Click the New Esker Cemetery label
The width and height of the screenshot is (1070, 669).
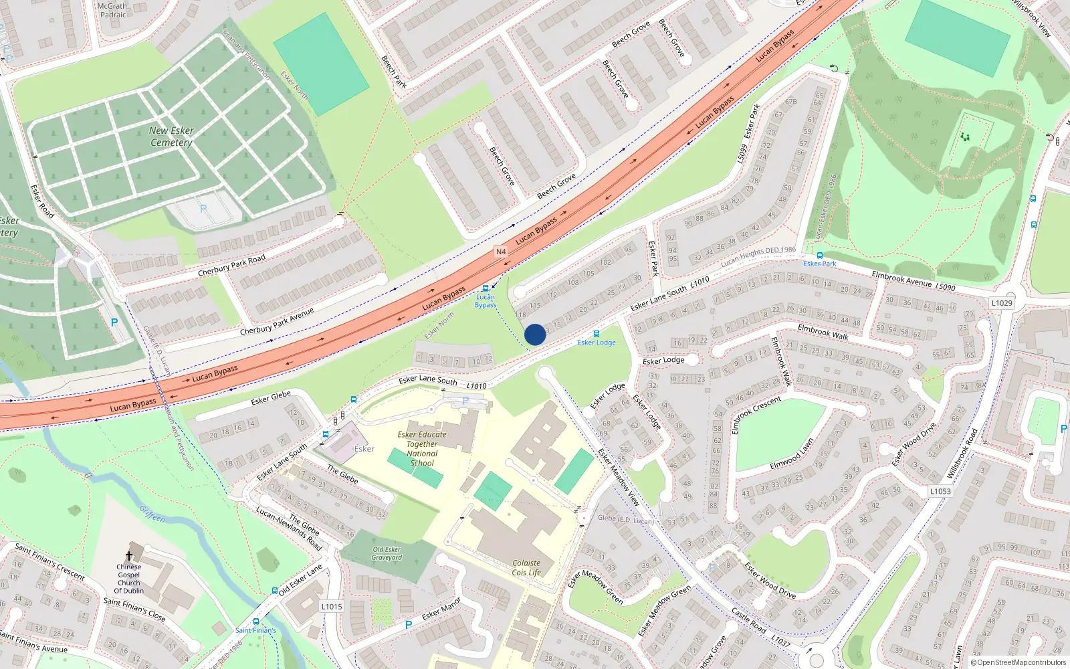[x=171, y=136]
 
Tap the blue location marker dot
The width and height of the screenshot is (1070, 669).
[x=535, y=334]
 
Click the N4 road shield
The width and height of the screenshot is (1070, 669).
[x=501, y=252]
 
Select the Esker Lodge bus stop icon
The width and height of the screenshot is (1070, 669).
[x=597, y=334]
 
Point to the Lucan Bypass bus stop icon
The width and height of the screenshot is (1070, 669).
[x=486, y=288]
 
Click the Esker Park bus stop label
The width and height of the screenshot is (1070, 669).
[x=820, y=264]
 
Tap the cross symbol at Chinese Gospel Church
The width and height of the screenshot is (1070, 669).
[x=129, y=556]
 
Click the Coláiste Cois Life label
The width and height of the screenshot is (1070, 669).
[x=526, y=568]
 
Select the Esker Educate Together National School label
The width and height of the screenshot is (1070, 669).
[x=422, y=448]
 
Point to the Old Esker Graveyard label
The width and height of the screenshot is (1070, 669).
[x=387, y=553]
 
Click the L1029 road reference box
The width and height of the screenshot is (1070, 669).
[x=1002, y=303]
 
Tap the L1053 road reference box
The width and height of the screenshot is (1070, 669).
[x=940, y=491]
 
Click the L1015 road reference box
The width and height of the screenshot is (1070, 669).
[x=332, y=607]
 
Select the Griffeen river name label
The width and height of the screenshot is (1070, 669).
[x=152, y=513]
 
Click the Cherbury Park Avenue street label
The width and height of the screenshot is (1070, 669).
[x=277, y=322]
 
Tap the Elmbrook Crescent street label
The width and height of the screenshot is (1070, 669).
[x=756, y=415]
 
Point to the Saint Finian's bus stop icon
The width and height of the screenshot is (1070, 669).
[x=256, y=622]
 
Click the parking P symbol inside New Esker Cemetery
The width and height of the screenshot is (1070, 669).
[x=203, y=209]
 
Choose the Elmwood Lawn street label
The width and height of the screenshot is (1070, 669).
[x=791, y=454]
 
